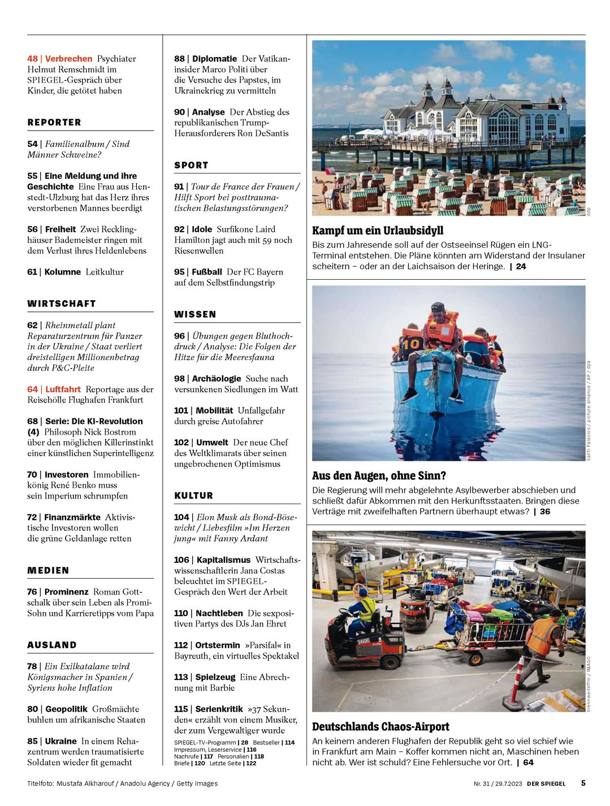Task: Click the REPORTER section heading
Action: pos(54,123)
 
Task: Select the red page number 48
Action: pos(32,59)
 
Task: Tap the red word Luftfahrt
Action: pos(63,389)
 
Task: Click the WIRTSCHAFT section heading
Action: pos(62,304)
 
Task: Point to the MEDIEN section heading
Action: pos(48,570)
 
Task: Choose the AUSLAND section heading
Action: pos(52,645)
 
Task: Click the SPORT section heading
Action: pos(191,165)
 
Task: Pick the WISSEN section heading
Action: pos(195,314)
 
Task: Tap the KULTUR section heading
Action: pos(193,496)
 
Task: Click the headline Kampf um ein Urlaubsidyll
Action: pos(378,231)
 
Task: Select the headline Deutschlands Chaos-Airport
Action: pos(380,727)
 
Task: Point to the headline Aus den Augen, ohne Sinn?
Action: pos(379,476)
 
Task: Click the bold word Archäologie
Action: pos(216,379)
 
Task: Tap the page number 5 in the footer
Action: pos(583,783)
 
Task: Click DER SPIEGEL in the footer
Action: pos(546,783)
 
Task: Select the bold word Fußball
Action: pos(206,272)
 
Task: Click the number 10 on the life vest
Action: pos(411,343)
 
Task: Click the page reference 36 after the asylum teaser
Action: pos(545,512)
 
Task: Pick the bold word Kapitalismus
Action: pos(223,560)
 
